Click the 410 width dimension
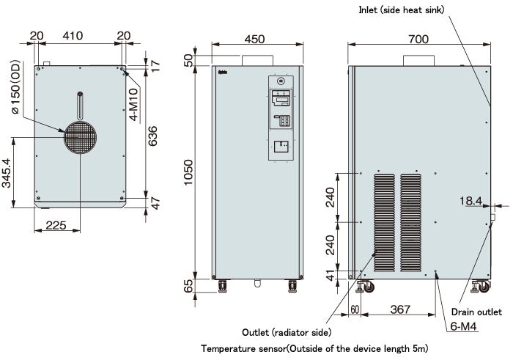click(x=72, y=34)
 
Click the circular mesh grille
click(x=79, y=137)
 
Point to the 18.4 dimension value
click(x=470, y=201)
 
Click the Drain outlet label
click(x=476, y=312)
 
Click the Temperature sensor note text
click(x=314, y=348)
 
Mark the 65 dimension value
click(x=188, y=284)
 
